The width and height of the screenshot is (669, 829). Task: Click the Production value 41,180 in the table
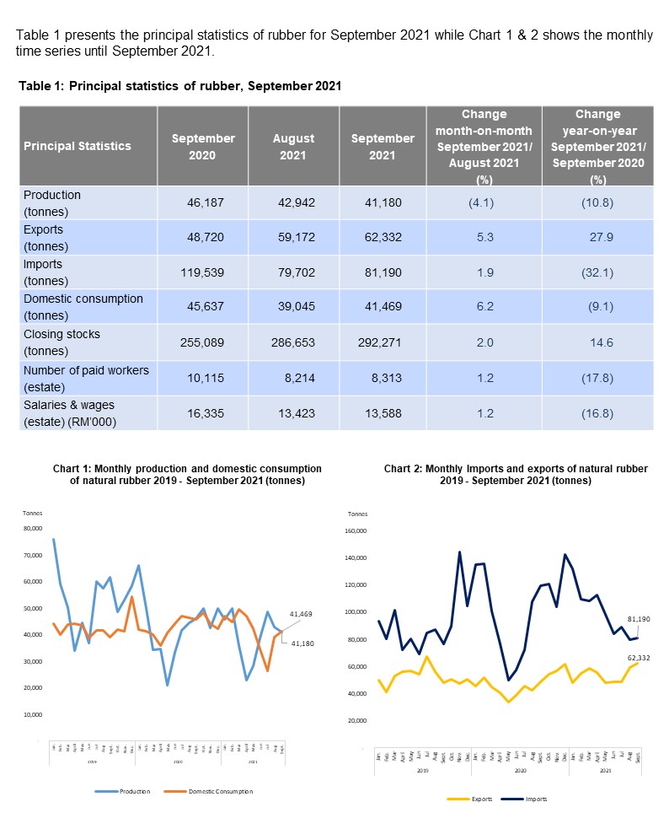[x=376, y=202]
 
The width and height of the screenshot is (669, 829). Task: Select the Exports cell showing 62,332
[x=376, y=238]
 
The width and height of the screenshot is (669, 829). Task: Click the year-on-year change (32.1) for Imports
[x=597, y=273]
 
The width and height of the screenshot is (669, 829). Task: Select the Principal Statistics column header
[x=78, y=146]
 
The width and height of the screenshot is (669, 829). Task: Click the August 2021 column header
[x=294, y=146]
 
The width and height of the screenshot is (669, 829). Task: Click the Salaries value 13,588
[x=376, y=414]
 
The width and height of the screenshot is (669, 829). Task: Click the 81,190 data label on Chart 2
[x=639, y=619]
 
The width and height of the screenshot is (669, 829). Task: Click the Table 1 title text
[x=179, y=87]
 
